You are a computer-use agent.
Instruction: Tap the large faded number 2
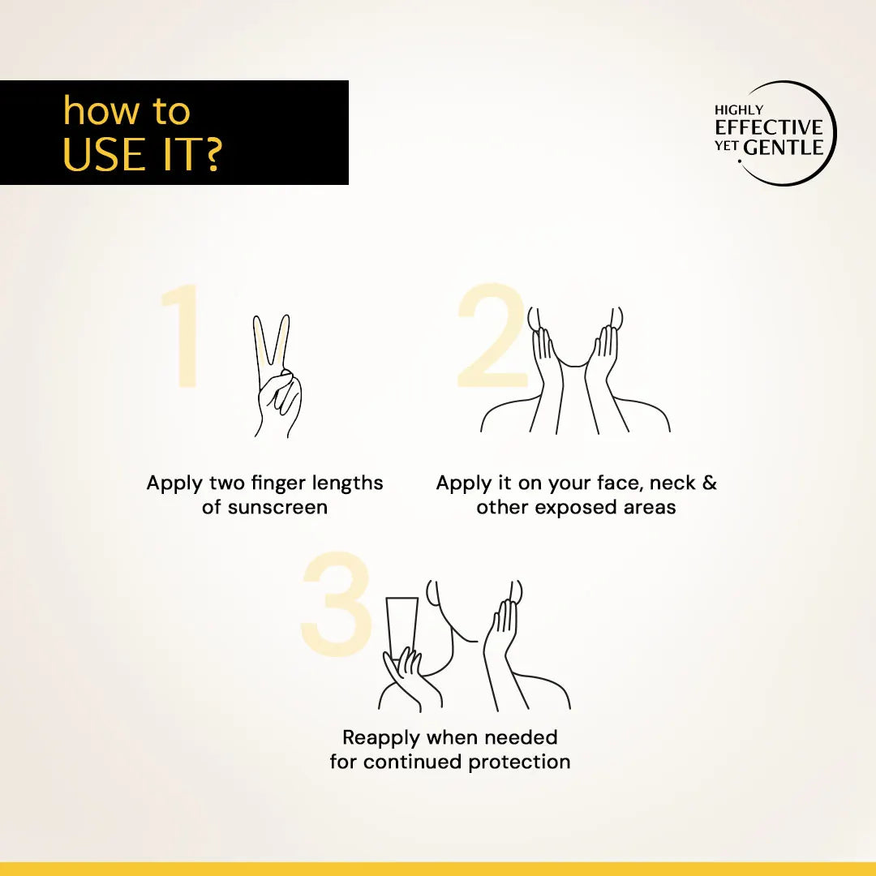pyautogui.click(x=492, y=335)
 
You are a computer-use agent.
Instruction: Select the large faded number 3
pyautogui.click(x=337, y=604)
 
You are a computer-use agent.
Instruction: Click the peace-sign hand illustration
pyautogui.click(x=277, y=376)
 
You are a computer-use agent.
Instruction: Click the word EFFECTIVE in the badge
pyautogui.click(x=769, y=127)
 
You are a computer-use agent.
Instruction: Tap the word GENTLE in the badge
pyautogui.click(x=784, y=148)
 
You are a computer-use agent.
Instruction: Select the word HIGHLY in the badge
pyautogui.click(x=739, y=110)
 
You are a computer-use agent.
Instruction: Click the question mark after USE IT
pyautogui.click(x=211, y=154)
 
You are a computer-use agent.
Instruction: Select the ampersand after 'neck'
pyautogui.click(x=709, y=483)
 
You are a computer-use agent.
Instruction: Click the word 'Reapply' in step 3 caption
pyautogui.click(x=381, y=738)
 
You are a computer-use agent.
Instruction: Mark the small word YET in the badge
pyautogui.click(x=726, y=147)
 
